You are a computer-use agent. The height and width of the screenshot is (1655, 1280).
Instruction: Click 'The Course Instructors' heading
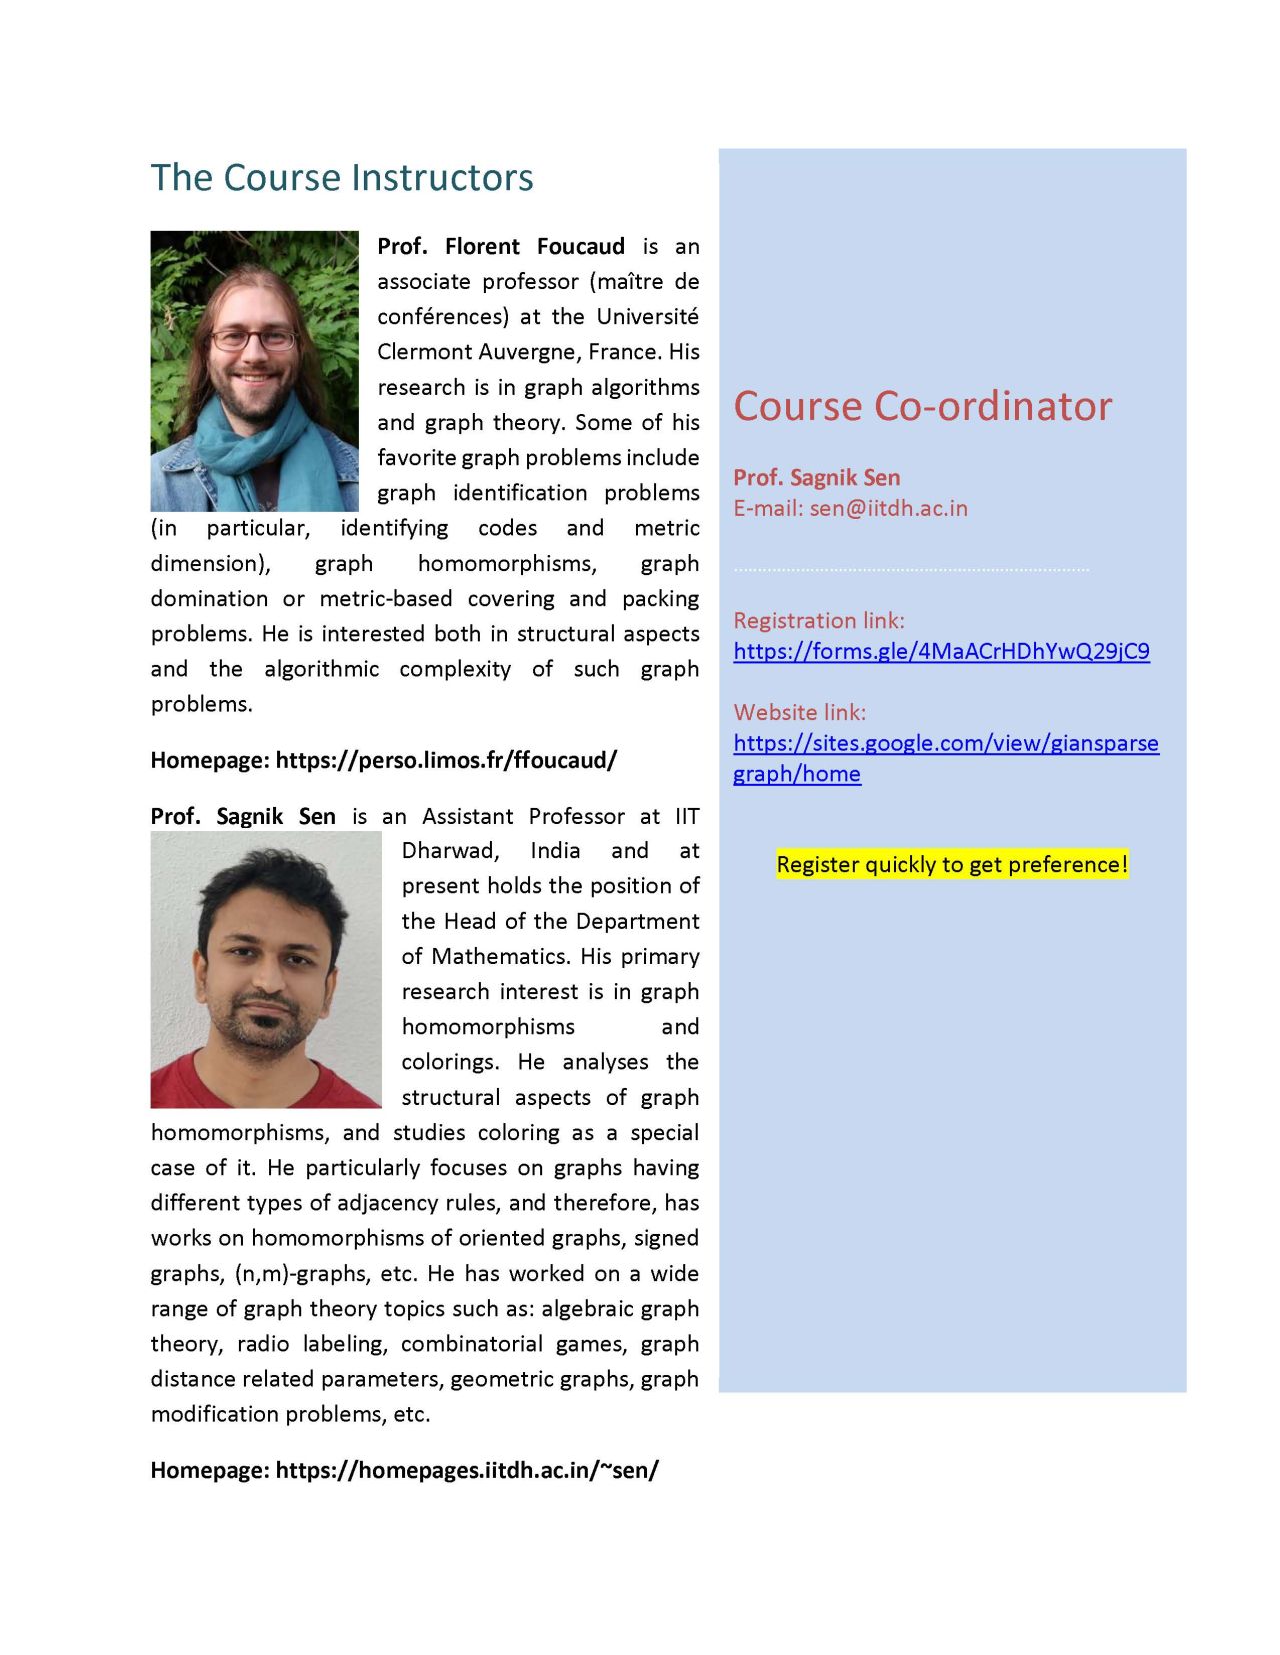(x=342, y=178)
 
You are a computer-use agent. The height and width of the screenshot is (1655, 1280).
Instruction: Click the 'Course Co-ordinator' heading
(x=922, y=406)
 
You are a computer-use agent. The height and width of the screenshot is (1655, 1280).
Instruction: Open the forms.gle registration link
(x=941, y=651)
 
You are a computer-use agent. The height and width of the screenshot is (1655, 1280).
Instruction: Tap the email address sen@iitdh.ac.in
(x=888, y=508)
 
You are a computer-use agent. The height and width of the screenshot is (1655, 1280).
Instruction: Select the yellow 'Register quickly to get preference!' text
(x=951, y=864)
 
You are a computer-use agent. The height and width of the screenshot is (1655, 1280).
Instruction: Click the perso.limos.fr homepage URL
(x=446, y=760)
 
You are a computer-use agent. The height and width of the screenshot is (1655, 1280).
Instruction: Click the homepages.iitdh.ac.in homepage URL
(x=467, y=1470)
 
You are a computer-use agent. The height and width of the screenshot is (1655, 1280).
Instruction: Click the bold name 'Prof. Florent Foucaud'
(x=501, y=247)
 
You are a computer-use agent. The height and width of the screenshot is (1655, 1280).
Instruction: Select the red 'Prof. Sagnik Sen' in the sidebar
(x=816, y=478)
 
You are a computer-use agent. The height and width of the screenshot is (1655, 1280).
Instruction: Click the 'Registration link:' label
(x=818, y=620)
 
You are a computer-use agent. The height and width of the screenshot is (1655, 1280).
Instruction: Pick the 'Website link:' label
(x=799, y=712)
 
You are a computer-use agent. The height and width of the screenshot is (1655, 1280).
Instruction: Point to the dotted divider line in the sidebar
(x=910, y=570)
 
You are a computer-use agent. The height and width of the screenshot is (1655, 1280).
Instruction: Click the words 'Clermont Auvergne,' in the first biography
(x=477, y=352)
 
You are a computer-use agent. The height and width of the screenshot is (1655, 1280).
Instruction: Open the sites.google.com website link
(x=945, y=743)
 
